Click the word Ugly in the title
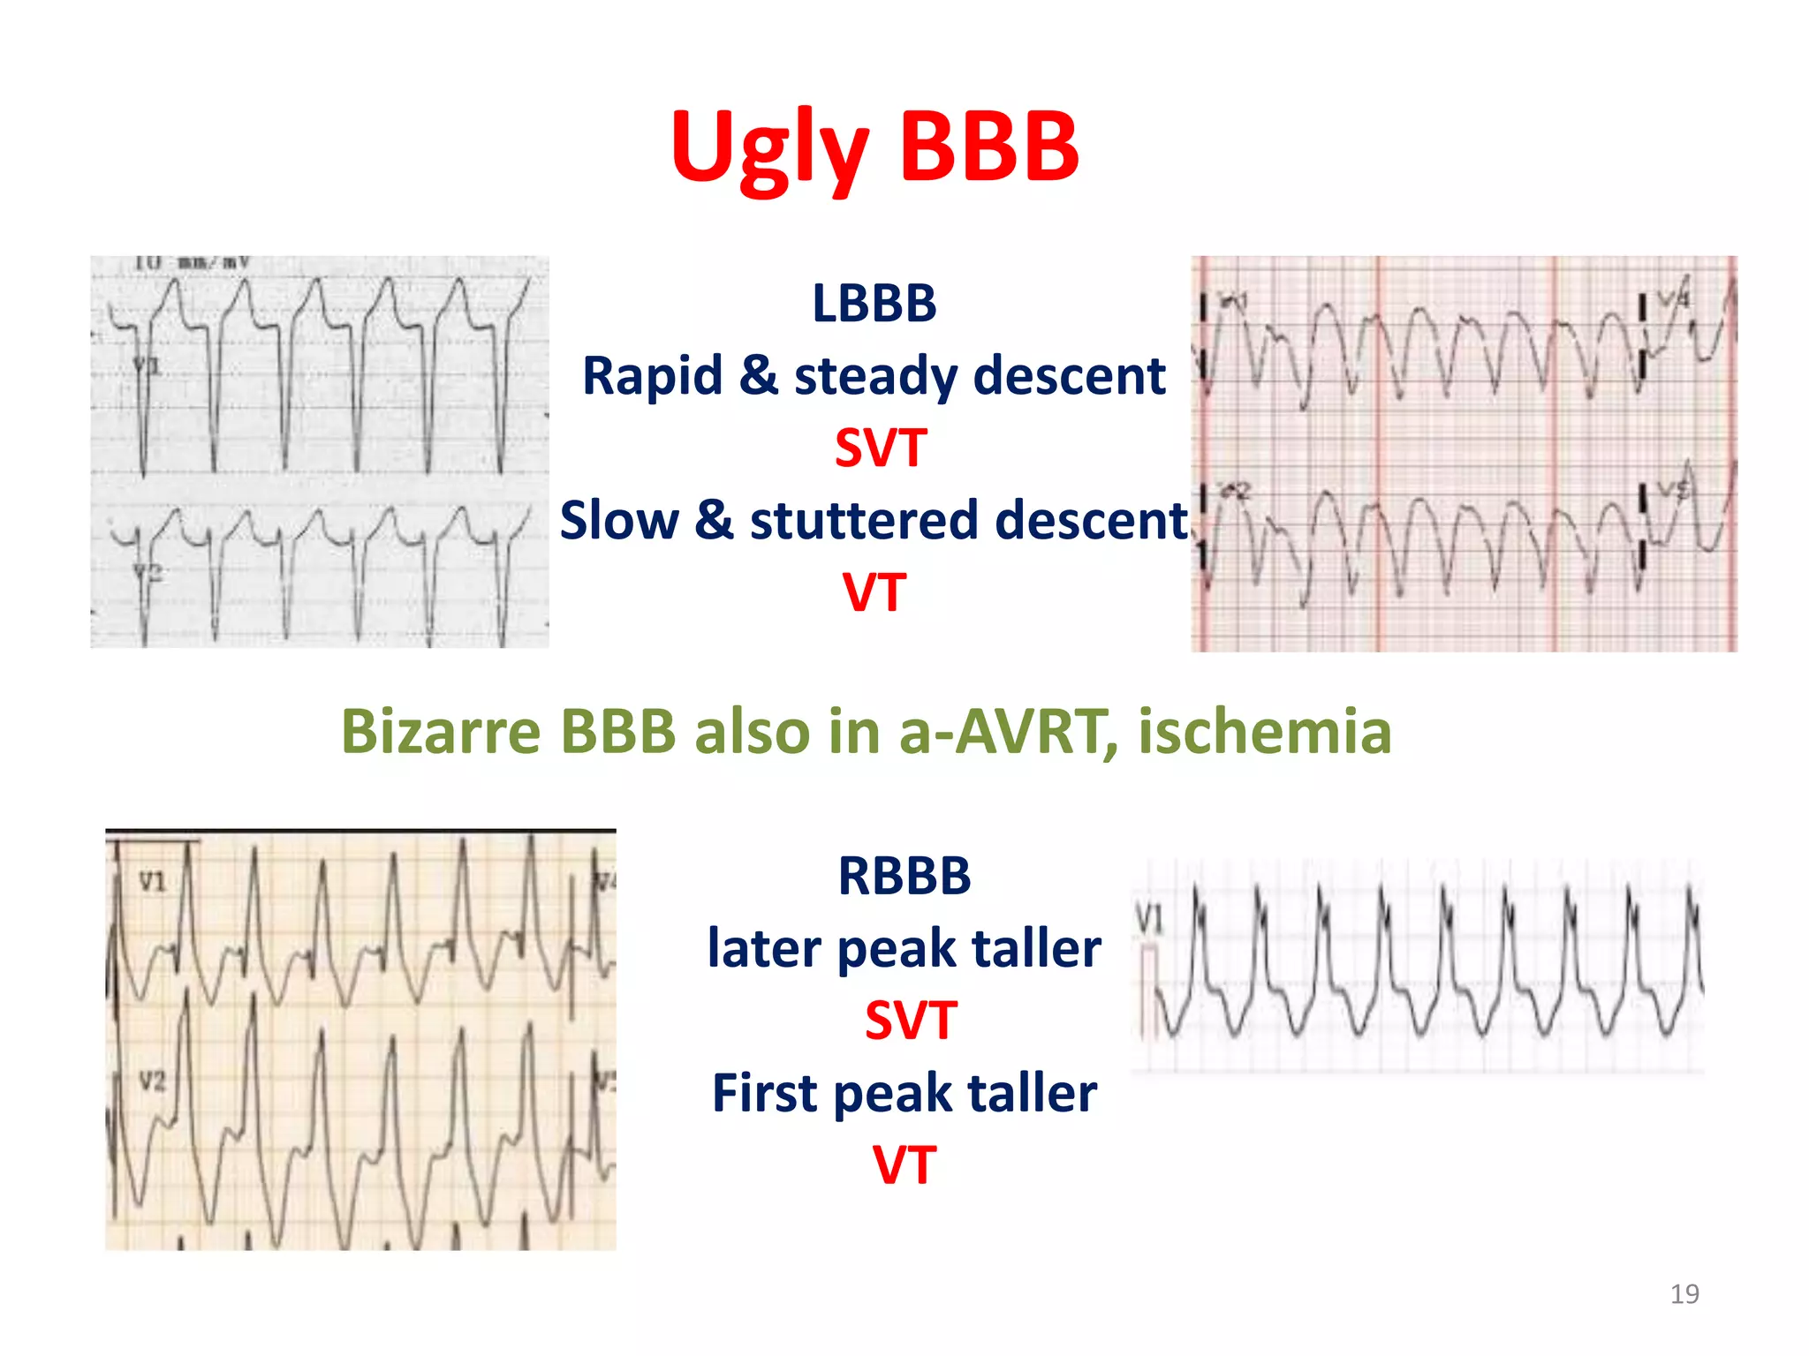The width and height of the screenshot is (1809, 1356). pyautogui.click(x=768, y=148)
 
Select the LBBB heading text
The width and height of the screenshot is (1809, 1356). pyautogui.click(x=874, y=304)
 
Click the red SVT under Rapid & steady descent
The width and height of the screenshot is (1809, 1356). pyautogui.click(x=881, y=448)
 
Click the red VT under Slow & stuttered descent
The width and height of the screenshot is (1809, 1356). pyautogui.click(x=874, y=592)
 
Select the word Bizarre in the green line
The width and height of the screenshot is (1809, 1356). pyautogui.click(x=440, y=732)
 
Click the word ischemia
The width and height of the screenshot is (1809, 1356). pyautogui.click(x=1264, y=732)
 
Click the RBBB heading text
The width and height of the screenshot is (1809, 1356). pyautogui.click(x=904, y=877)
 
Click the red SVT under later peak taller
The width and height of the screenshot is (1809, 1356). pyautogui.click(x=910, y=1021)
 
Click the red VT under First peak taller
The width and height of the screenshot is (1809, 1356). pyautogui.click(x=904, y=1165)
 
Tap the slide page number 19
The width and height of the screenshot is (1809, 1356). pyautogui.click(x=1684, y=1294)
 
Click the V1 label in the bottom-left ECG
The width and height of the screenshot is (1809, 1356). pyautogui.click(x=152, y=881)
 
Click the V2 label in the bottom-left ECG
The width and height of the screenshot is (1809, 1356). pyautogui.click(x=152, y=1081)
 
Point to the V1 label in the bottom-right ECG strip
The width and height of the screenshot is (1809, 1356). pyautogui.click(x=1149, y=919)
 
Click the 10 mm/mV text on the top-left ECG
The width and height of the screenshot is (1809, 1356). pyautogui.click(x=192, y=263)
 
